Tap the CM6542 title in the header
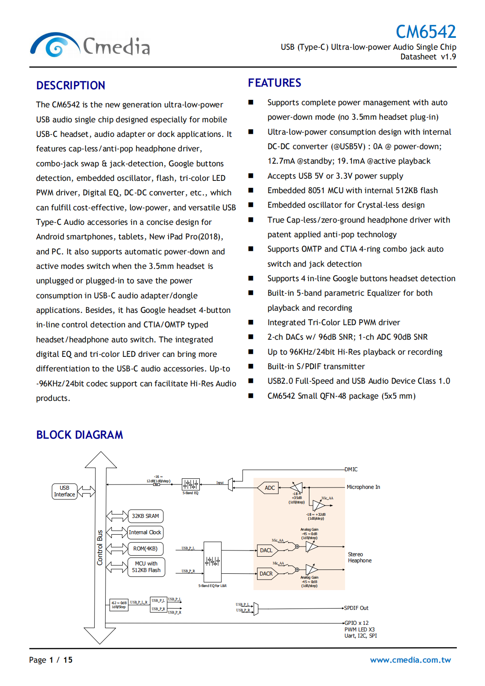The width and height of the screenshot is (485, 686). (x=426, y=32)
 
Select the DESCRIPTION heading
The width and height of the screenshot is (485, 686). (x=70, y=85)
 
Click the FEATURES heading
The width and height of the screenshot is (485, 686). (x=275, y=83)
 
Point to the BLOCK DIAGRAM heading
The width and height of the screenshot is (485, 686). (x=80, y=435)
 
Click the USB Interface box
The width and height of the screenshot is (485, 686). (x=64, y=491)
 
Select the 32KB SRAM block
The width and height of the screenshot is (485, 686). (x=145, y=516)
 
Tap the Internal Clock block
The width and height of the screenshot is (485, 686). (x=145, y=532)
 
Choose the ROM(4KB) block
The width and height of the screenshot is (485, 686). (x=145, y=548)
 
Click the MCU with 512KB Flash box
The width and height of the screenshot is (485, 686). (x=146, y=567)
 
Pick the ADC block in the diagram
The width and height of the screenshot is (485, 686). (x=269, y=488)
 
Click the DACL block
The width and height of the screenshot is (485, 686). (x=266, y=550)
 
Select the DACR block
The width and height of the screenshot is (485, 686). (x=266, y=573)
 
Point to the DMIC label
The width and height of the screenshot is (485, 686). (x=351, y=470)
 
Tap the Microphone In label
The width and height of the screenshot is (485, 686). (x=363, y=487)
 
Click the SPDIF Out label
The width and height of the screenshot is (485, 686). (x=356, y=608)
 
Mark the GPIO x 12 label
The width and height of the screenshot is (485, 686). (x=356, y=623)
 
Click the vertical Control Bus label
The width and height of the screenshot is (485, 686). (x=100, y=547)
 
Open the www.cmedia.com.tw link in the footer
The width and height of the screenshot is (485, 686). (x=410, y=660)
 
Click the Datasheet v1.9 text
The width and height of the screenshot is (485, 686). (x=428, y=57)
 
